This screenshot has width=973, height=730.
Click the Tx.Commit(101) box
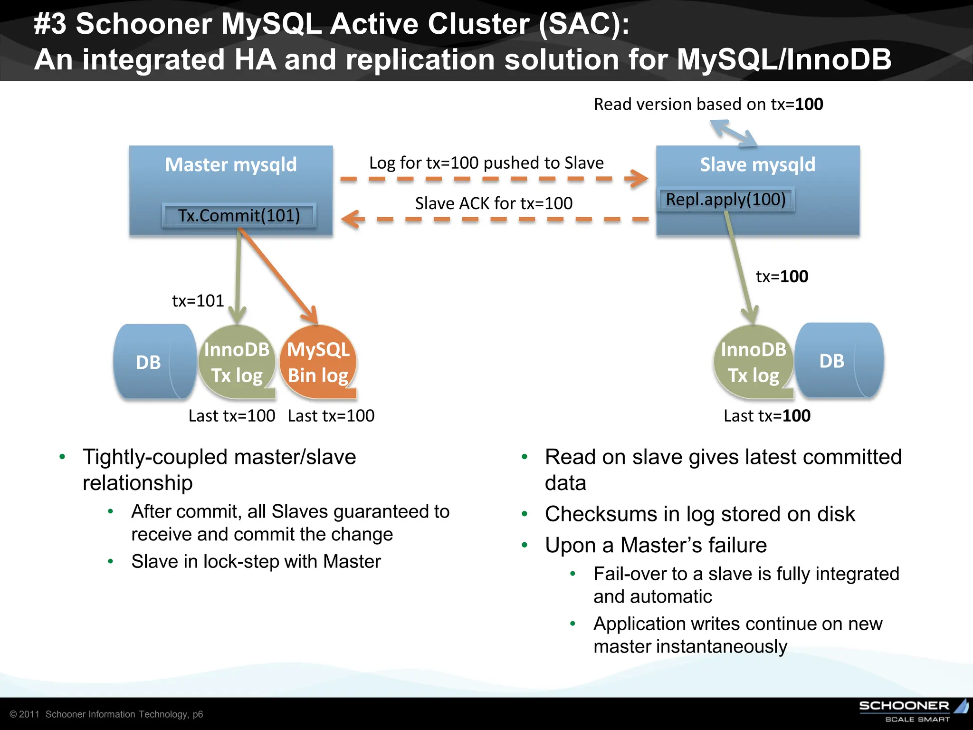pos(239,215)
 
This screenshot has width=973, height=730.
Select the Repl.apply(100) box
pos(725,199)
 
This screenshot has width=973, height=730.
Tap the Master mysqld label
pos(231,164)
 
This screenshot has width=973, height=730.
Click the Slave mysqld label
pos(757,164)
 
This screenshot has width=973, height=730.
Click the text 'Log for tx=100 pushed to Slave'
pos(486,163)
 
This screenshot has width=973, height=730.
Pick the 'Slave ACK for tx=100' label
pos(494,203)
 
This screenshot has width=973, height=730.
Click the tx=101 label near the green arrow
pos(198,301)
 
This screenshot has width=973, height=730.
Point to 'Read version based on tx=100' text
pos(708,104)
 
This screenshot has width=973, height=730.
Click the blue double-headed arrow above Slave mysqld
pos(733,133)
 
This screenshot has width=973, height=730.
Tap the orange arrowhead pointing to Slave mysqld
pos(638,179)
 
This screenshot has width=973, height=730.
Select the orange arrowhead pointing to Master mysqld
pos(352,219)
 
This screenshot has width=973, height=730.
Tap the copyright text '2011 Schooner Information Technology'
pos(106,714)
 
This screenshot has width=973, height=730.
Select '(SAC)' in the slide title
pos(583,24)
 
